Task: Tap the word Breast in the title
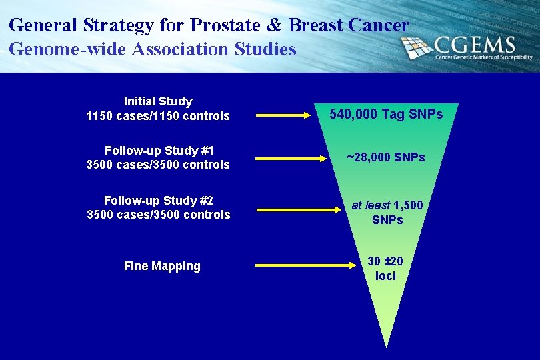[315, 25]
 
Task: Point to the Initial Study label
[158, 101]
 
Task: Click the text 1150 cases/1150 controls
[158, 116]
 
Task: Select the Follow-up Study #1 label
[158, 151]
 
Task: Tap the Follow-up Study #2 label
[158, 200]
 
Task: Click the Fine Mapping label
[162, 266]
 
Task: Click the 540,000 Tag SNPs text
[387, 115]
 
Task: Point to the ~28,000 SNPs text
[386, 157]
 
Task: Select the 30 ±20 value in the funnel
[385, 261]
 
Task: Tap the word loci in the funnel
[385, 275]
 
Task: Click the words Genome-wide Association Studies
[153, 49]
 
